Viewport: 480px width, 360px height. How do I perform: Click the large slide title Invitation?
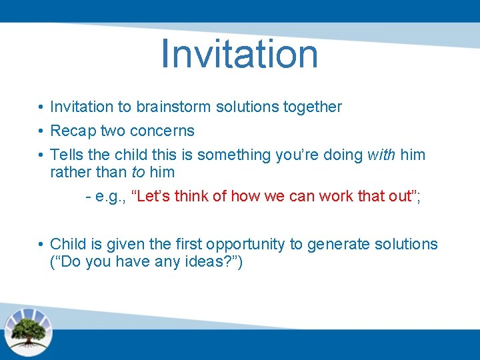(x=239, y=54)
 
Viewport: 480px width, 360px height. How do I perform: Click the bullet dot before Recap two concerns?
(x=41, y=131)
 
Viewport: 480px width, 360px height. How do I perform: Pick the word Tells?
(x=67, y=155)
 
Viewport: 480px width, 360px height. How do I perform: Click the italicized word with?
(x=381, y=155)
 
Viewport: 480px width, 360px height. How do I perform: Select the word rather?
(x=69, y=172)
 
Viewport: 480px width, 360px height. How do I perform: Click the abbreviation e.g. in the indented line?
(x=111, y=196)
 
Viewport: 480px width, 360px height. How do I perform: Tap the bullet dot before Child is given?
(x=41, y=245)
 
